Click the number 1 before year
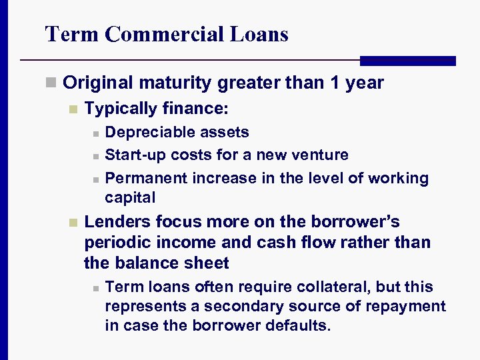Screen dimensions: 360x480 335,83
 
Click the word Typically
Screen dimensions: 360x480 121,107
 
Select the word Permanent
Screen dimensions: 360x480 146,178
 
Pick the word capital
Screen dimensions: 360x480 130,197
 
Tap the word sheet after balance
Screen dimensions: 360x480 205,263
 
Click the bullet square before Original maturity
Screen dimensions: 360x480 50,83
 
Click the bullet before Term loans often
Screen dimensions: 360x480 96,288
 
